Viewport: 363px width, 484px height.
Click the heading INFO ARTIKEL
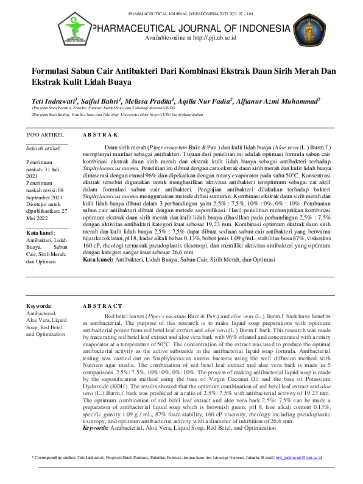point(44,133)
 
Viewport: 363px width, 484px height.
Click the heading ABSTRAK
point(99,134)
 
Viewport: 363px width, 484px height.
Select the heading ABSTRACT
point(102,305)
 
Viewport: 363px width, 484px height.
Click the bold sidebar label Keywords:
point(39,305)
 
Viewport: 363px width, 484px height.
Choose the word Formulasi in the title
point(54,71)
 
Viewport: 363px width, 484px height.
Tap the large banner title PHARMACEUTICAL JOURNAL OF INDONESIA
point(189,28)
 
